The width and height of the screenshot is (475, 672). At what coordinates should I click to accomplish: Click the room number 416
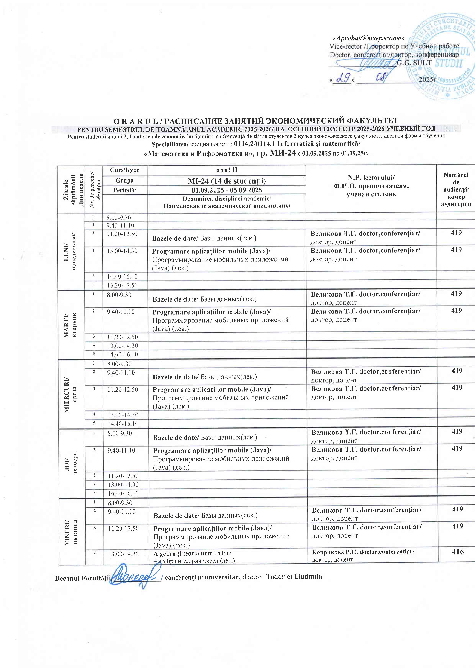point(458,552)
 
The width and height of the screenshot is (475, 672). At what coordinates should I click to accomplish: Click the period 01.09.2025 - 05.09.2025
point(227,190)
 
